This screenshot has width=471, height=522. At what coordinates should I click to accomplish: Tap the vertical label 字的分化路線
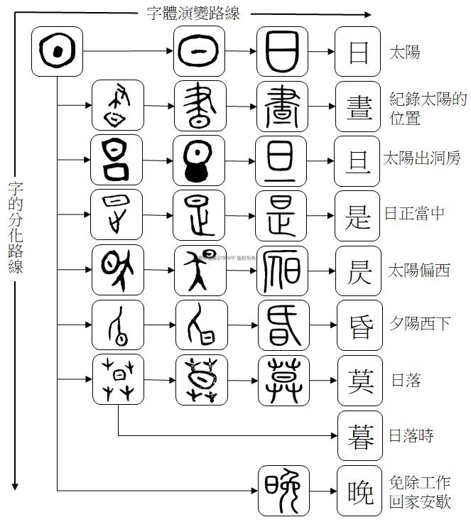[x=16, y=227]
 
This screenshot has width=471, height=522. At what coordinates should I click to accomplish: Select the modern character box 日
[x=359, y=52]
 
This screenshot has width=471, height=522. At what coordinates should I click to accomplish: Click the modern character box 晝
[x=359, y=106]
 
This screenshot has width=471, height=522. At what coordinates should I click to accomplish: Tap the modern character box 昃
[x=359, y=271]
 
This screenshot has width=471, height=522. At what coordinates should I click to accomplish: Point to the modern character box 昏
[x=359, y=325]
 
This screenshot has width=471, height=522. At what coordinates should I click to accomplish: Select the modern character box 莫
[x=359, y=381]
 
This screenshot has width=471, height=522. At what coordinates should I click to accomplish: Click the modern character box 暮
[x=359, y=435]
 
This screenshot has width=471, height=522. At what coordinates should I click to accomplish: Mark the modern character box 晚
[x=359, y=491]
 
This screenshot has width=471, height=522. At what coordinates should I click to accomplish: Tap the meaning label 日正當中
[x=415, y=213]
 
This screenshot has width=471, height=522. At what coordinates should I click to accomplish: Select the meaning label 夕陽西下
[x=419, y=324]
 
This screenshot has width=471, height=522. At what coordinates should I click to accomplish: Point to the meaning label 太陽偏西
[x=419, y=271]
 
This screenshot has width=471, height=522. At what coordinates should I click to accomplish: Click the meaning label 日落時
[x=411, y=435]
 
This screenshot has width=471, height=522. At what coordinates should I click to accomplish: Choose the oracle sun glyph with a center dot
[x=58, y=52]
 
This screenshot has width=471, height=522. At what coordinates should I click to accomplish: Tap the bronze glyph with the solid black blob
[x=199, y=161]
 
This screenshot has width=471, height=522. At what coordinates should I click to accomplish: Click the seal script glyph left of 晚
[x=283, y=491]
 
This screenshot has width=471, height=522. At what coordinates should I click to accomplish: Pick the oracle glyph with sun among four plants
[x=119, y=380]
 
